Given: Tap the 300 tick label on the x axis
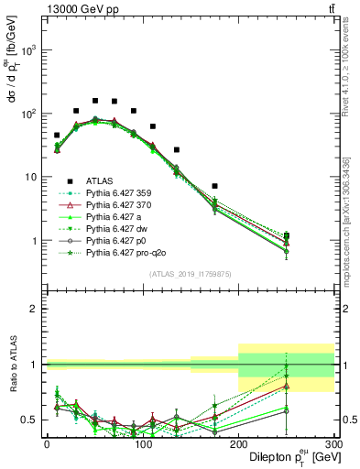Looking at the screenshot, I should pyautogui.click(x=333, y=442).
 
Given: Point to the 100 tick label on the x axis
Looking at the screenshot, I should pyautogui.click(x=142, y=442).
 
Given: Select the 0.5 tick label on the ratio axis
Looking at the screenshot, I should pyautogui.click(x=30, y=420).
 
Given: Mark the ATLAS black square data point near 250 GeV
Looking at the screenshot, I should pyautogui.click(x=286, y=236).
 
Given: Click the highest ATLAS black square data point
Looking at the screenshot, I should pyautogui.click(x=95, y=101).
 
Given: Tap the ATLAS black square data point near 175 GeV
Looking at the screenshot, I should pyautogui.click(x=214, y=186).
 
